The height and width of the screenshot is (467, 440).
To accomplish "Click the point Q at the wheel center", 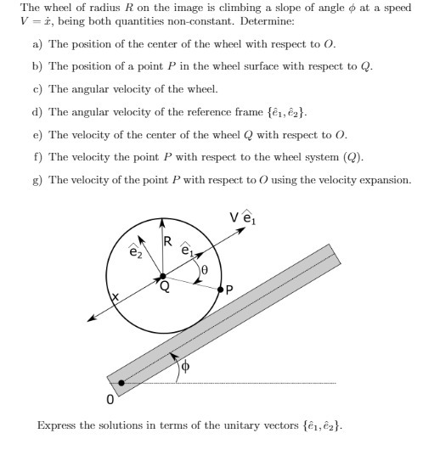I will coord(163,276).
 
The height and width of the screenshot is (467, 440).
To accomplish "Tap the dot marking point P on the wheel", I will coord(220,290).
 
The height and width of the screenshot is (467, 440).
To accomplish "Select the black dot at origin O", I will coord(121,383).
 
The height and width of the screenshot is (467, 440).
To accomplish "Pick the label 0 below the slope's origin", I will coord(110,398).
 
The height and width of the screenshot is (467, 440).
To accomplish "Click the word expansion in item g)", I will coord(384,181).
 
